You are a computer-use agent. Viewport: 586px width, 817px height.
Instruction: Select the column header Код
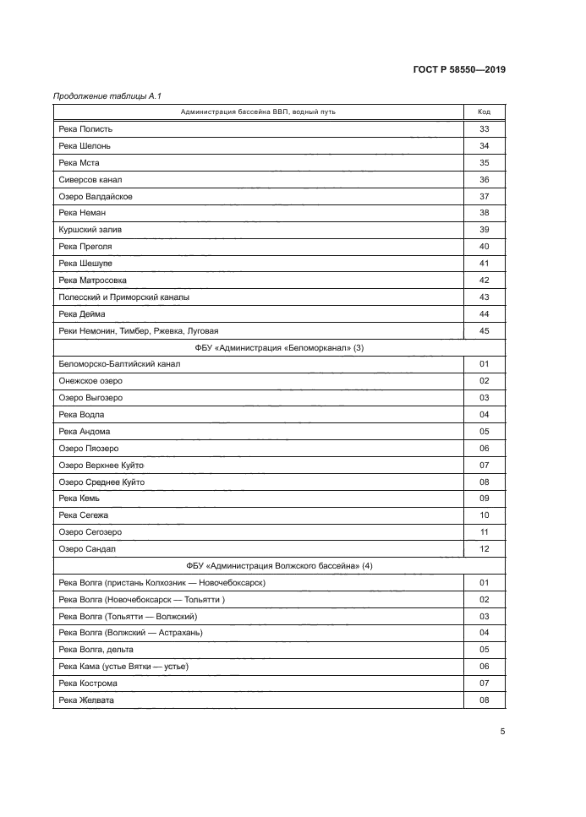click(x=485, y=112)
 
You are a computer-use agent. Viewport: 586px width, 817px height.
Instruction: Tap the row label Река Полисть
click(x=85, y=129)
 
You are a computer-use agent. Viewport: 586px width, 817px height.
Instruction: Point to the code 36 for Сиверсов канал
click(x=485, y=180)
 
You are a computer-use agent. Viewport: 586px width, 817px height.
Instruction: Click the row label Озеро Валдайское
click(x=96, y=196)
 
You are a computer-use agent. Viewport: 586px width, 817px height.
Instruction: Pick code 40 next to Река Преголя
click(x=485, y=247)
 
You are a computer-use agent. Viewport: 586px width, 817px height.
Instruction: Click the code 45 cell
click(x=485, y=330)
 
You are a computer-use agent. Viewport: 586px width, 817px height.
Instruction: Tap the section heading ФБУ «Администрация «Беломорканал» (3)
click(x=279, y=347)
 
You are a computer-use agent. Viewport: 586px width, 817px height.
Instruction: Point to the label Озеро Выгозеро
click(x=90, y=397)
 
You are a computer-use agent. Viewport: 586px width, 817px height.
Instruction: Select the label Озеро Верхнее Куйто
click(x=102, y=465)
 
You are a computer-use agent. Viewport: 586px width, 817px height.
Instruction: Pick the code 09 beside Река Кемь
click(x=485, y=498)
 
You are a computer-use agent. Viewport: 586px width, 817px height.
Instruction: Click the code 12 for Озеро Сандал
click(x=485, y=548)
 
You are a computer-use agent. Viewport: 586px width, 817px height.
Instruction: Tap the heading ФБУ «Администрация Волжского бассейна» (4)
click(x=279, y=565)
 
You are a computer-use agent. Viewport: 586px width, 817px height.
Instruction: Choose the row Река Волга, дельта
click(x=96, y=649)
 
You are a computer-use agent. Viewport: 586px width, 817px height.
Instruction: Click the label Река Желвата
click(x=86, y=700)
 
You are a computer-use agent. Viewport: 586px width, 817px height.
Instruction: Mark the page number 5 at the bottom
click(x=502, y=732)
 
